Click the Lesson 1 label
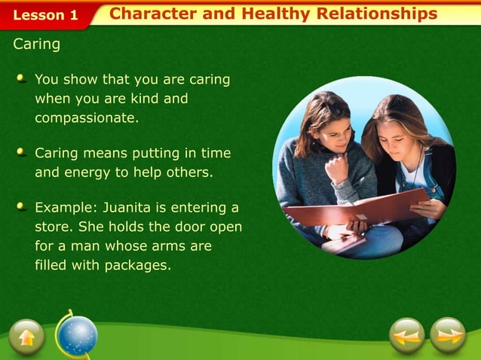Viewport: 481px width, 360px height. point(45,14)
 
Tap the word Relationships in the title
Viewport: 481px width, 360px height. point(376,14)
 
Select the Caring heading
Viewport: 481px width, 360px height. point(36,44)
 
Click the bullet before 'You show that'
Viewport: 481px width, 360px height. point(22,78)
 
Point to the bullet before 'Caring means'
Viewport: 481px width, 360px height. point(22,152)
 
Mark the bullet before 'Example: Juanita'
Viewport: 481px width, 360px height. point(22,206)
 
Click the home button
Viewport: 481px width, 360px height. point(27,337)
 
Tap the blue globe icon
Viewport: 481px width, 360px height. point(78,335)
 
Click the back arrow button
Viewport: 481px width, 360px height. point(408,336)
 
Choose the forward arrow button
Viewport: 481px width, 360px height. point(449,336)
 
